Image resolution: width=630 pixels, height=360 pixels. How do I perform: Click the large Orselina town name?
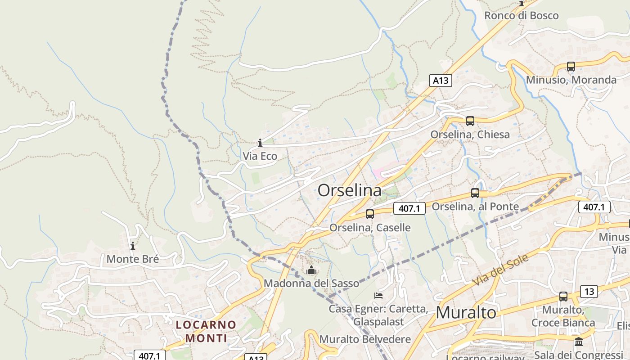pos(350,190)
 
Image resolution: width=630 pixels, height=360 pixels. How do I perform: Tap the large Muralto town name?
pos(466,312)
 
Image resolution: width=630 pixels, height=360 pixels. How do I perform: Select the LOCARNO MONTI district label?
pos(206,331)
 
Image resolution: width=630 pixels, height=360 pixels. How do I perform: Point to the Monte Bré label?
pos(133,259)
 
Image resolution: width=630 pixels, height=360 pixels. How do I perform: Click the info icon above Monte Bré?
pos(133,246)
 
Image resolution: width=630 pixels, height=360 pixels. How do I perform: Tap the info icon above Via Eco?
pos(260,143)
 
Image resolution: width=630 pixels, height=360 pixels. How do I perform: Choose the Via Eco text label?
pos(260,156)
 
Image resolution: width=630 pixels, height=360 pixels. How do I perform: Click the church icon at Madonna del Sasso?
pos(311,270)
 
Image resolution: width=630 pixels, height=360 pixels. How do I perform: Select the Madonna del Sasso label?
pos(311,283)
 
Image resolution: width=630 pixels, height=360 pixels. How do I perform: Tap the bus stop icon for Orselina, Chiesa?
pos(470,121)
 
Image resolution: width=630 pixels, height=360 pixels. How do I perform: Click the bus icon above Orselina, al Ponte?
pos(475,193)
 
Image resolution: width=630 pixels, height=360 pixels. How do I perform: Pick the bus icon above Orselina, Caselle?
pos(370,214)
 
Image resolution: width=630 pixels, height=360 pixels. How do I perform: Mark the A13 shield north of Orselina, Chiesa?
pos(440,81)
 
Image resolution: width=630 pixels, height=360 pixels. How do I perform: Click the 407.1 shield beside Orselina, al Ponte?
pos(409,208)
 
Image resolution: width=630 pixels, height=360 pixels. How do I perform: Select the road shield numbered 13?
pos(589,292)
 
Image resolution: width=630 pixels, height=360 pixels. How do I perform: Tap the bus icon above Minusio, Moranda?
pos(571,67)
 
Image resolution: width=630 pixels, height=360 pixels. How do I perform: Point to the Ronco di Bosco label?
pos(521,15)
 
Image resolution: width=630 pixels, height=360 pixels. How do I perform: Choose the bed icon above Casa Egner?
pos(379,296)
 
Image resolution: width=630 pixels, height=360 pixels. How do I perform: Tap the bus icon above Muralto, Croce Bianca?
pos(563,297)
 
